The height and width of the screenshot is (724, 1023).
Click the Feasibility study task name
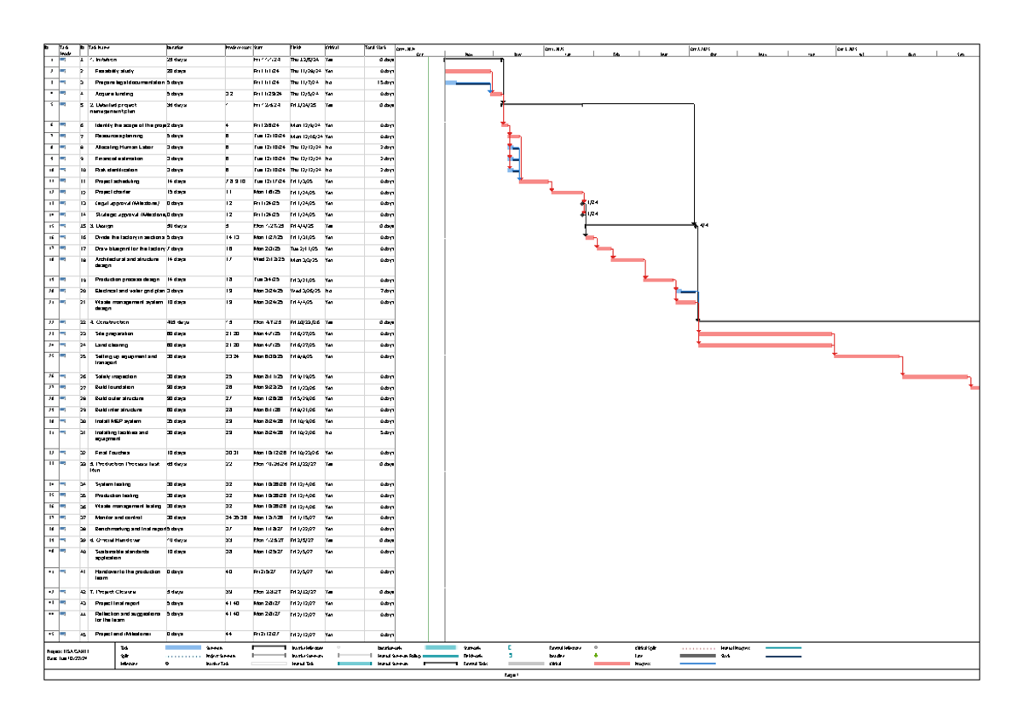pyautogui.click(x=114, y=71)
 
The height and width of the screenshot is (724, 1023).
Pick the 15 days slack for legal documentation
pyautogui.click(x=385, y=82)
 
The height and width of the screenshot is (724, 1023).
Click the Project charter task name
pyautogui.click(x=112, y=192)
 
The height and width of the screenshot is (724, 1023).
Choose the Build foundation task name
pyautogui.click(x=114, y=387)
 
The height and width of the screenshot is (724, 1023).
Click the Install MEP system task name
pyautogui.click(x=118, y=420)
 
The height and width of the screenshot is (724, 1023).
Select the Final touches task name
pyautogui.click(x=110, y=453)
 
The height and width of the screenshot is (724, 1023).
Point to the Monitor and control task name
pyautogui.click(x=117, y=517)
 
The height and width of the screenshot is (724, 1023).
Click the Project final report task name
pyautogui.click(x=118, y=602)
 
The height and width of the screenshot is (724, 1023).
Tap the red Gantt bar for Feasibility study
pyautogui.click(x=468, y=71)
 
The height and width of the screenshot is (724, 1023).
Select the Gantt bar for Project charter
pyautogui.click(x=566, y=192)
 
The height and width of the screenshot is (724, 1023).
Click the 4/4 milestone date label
pyautogui.click(x=704, y=225)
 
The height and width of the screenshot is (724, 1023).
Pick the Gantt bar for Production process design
pyautogui.click(x=659, y=279)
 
